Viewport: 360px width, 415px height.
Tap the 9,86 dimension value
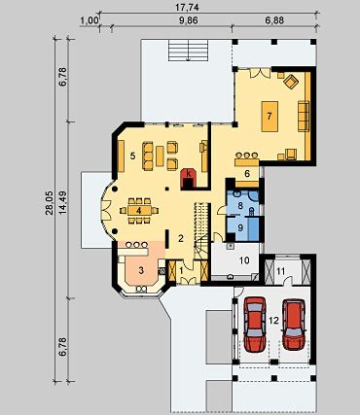(189, 20)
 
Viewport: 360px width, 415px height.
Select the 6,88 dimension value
(274, 20)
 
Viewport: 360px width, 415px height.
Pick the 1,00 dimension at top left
(90, 20)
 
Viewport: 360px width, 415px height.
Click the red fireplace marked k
(188, 178)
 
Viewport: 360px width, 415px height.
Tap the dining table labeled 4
(139, 211)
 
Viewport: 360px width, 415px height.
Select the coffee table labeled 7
(270, 116)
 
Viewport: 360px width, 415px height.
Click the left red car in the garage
(255, 325)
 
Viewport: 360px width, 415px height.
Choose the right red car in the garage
(294, 325)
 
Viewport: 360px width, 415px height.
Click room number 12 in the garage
(274, 321)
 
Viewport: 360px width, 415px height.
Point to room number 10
(244, 259)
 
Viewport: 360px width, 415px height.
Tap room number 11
(281, 271)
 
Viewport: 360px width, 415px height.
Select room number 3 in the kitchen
(141, 270)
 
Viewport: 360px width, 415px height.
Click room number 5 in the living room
(132, 156)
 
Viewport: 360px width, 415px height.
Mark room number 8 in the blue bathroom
(240, 205)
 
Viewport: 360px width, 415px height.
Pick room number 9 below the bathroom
(240, 227)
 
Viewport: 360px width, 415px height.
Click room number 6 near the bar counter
(247, 174)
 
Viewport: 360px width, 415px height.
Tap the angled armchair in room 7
(291, 82)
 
